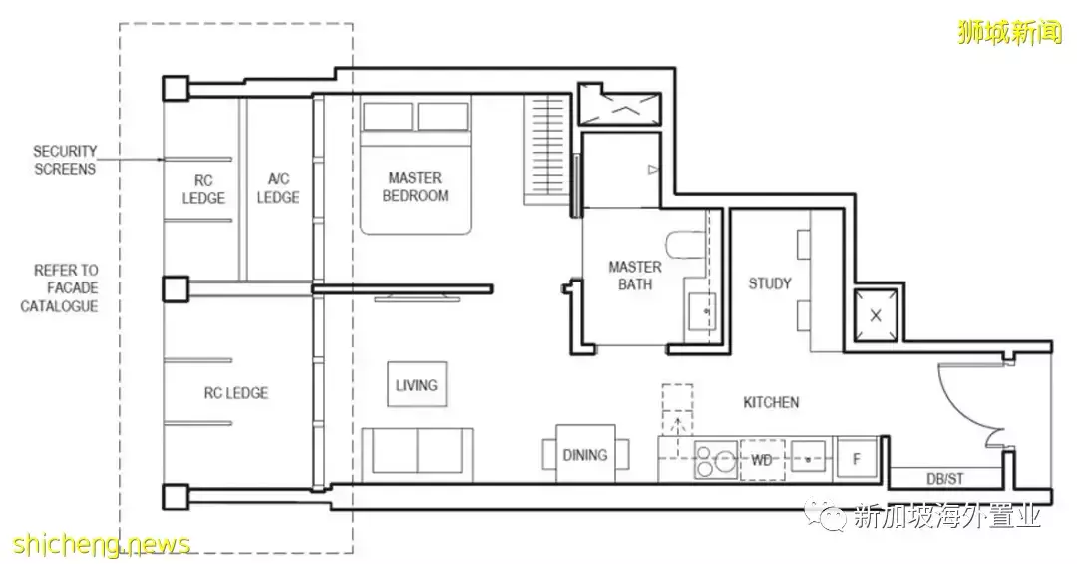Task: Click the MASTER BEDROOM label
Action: click(415, 187)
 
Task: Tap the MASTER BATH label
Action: click(634, 276)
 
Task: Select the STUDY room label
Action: click(769, 283)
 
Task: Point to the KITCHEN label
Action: click(771, 402)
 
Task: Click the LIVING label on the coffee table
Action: click(416, 386)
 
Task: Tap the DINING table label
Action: click(585, 455)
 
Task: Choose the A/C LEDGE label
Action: click(278, 188)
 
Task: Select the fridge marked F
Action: click(857, 459)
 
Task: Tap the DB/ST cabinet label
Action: click(945, 479)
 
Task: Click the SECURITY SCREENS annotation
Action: click(65, 160)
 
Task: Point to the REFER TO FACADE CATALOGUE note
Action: click(61, 288)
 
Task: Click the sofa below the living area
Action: click(417, 454)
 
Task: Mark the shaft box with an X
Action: click(876, 316)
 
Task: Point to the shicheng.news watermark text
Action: click(102, 545)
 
